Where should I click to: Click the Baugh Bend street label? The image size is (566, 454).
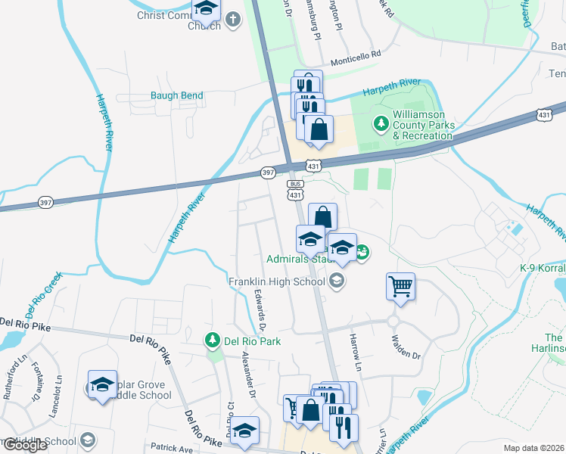[176, 96]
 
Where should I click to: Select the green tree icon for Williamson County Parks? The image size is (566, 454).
[380, 122]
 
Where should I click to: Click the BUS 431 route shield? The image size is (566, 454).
[295, 190]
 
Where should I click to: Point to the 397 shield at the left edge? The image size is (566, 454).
[45, 202]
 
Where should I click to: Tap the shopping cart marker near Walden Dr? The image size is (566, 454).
[400, 287]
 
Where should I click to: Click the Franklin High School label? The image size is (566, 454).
[276, 281]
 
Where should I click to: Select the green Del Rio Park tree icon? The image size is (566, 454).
[213, 341]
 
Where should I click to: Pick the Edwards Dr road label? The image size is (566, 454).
[260, 313]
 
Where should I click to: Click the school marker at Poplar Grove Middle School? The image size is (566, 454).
[102, 384]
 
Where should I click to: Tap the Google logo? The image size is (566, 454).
[24, 445]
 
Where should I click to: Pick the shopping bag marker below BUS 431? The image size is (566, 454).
[322, 217]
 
